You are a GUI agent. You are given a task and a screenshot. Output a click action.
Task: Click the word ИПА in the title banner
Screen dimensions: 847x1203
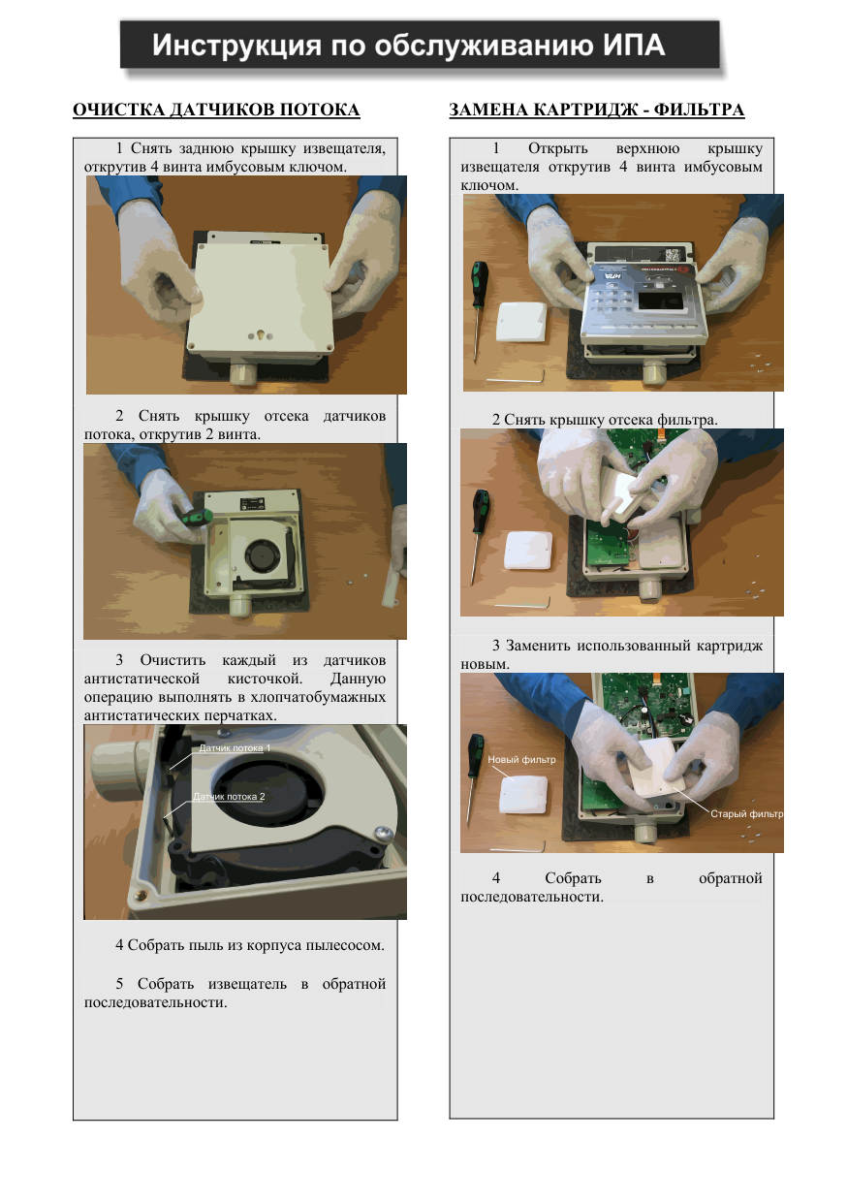click(634, 46)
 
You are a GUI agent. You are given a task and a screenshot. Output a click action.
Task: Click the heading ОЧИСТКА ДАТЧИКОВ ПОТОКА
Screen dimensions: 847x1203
click(216, 110)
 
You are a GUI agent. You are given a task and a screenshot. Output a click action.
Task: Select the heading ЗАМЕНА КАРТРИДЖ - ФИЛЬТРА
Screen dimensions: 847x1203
click(596, 110)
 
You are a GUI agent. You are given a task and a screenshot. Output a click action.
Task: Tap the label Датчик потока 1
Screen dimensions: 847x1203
click(235, 748)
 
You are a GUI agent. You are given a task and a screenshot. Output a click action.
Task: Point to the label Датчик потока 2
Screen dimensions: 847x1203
click(229, 797)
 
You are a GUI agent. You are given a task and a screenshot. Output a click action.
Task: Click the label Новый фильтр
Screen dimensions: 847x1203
click(521, 759)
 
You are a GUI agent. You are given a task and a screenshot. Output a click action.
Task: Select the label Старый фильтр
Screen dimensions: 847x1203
click(746, 813)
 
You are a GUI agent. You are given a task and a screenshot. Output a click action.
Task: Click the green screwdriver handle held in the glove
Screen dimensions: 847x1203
click(196, 519)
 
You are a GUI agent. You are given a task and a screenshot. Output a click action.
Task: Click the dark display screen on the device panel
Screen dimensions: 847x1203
click(660, 301)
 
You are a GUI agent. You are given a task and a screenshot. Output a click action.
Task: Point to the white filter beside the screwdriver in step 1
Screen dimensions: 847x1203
click(520, 322)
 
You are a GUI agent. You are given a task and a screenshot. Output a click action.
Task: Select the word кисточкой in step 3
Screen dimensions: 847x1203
click(265, 679)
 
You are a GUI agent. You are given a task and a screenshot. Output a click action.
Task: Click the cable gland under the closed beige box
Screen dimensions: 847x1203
click(243, 373)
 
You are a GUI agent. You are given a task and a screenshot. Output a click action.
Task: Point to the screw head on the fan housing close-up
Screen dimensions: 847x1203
click(384, 833)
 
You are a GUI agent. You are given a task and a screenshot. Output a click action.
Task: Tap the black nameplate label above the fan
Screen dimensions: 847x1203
click(252, 504)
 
